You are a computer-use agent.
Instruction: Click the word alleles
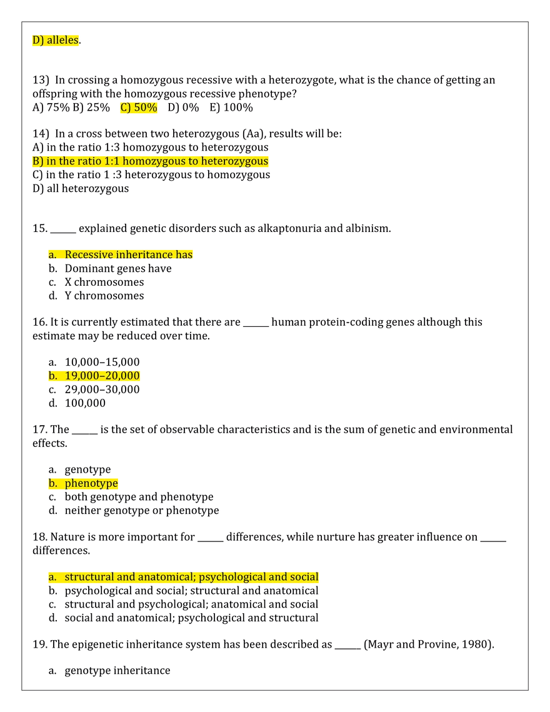click(x=64, y=41)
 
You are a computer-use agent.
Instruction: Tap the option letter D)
click(x=37, y=41)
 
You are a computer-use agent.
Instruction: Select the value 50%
click(x=146, y=108)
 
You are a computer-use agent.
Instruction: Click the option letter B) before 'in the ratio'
click(x=37, y=161)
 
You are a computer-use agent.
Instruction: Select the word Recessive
click(x=89, y=254)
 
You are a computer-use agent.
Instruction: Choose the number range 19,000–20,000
click(x=102, y=376)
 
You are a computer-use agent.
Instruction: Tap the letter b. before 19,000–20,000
click(x=52, y=376)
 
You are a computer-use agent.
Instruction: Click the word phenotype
click(x=91, y=483)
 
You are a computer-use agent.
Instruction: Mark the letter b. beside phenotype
click(x=52, y=483)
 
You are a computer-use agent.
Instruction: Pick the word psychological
click(x=232, y=576)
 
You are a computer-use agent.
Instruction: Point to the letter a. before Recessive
click(x=52, y=254)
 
